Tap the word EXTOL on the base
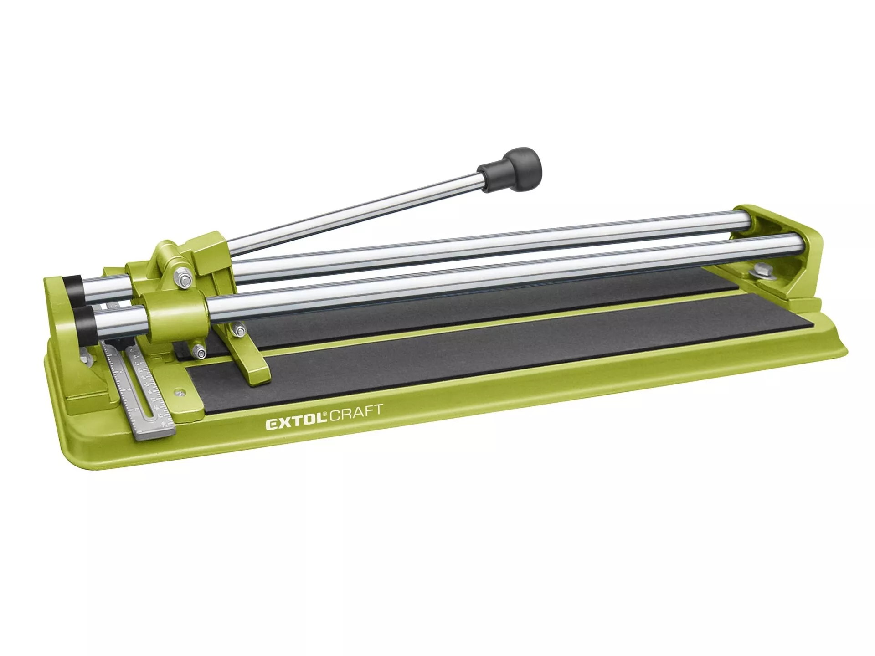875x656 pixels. [x=296, y=424]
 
